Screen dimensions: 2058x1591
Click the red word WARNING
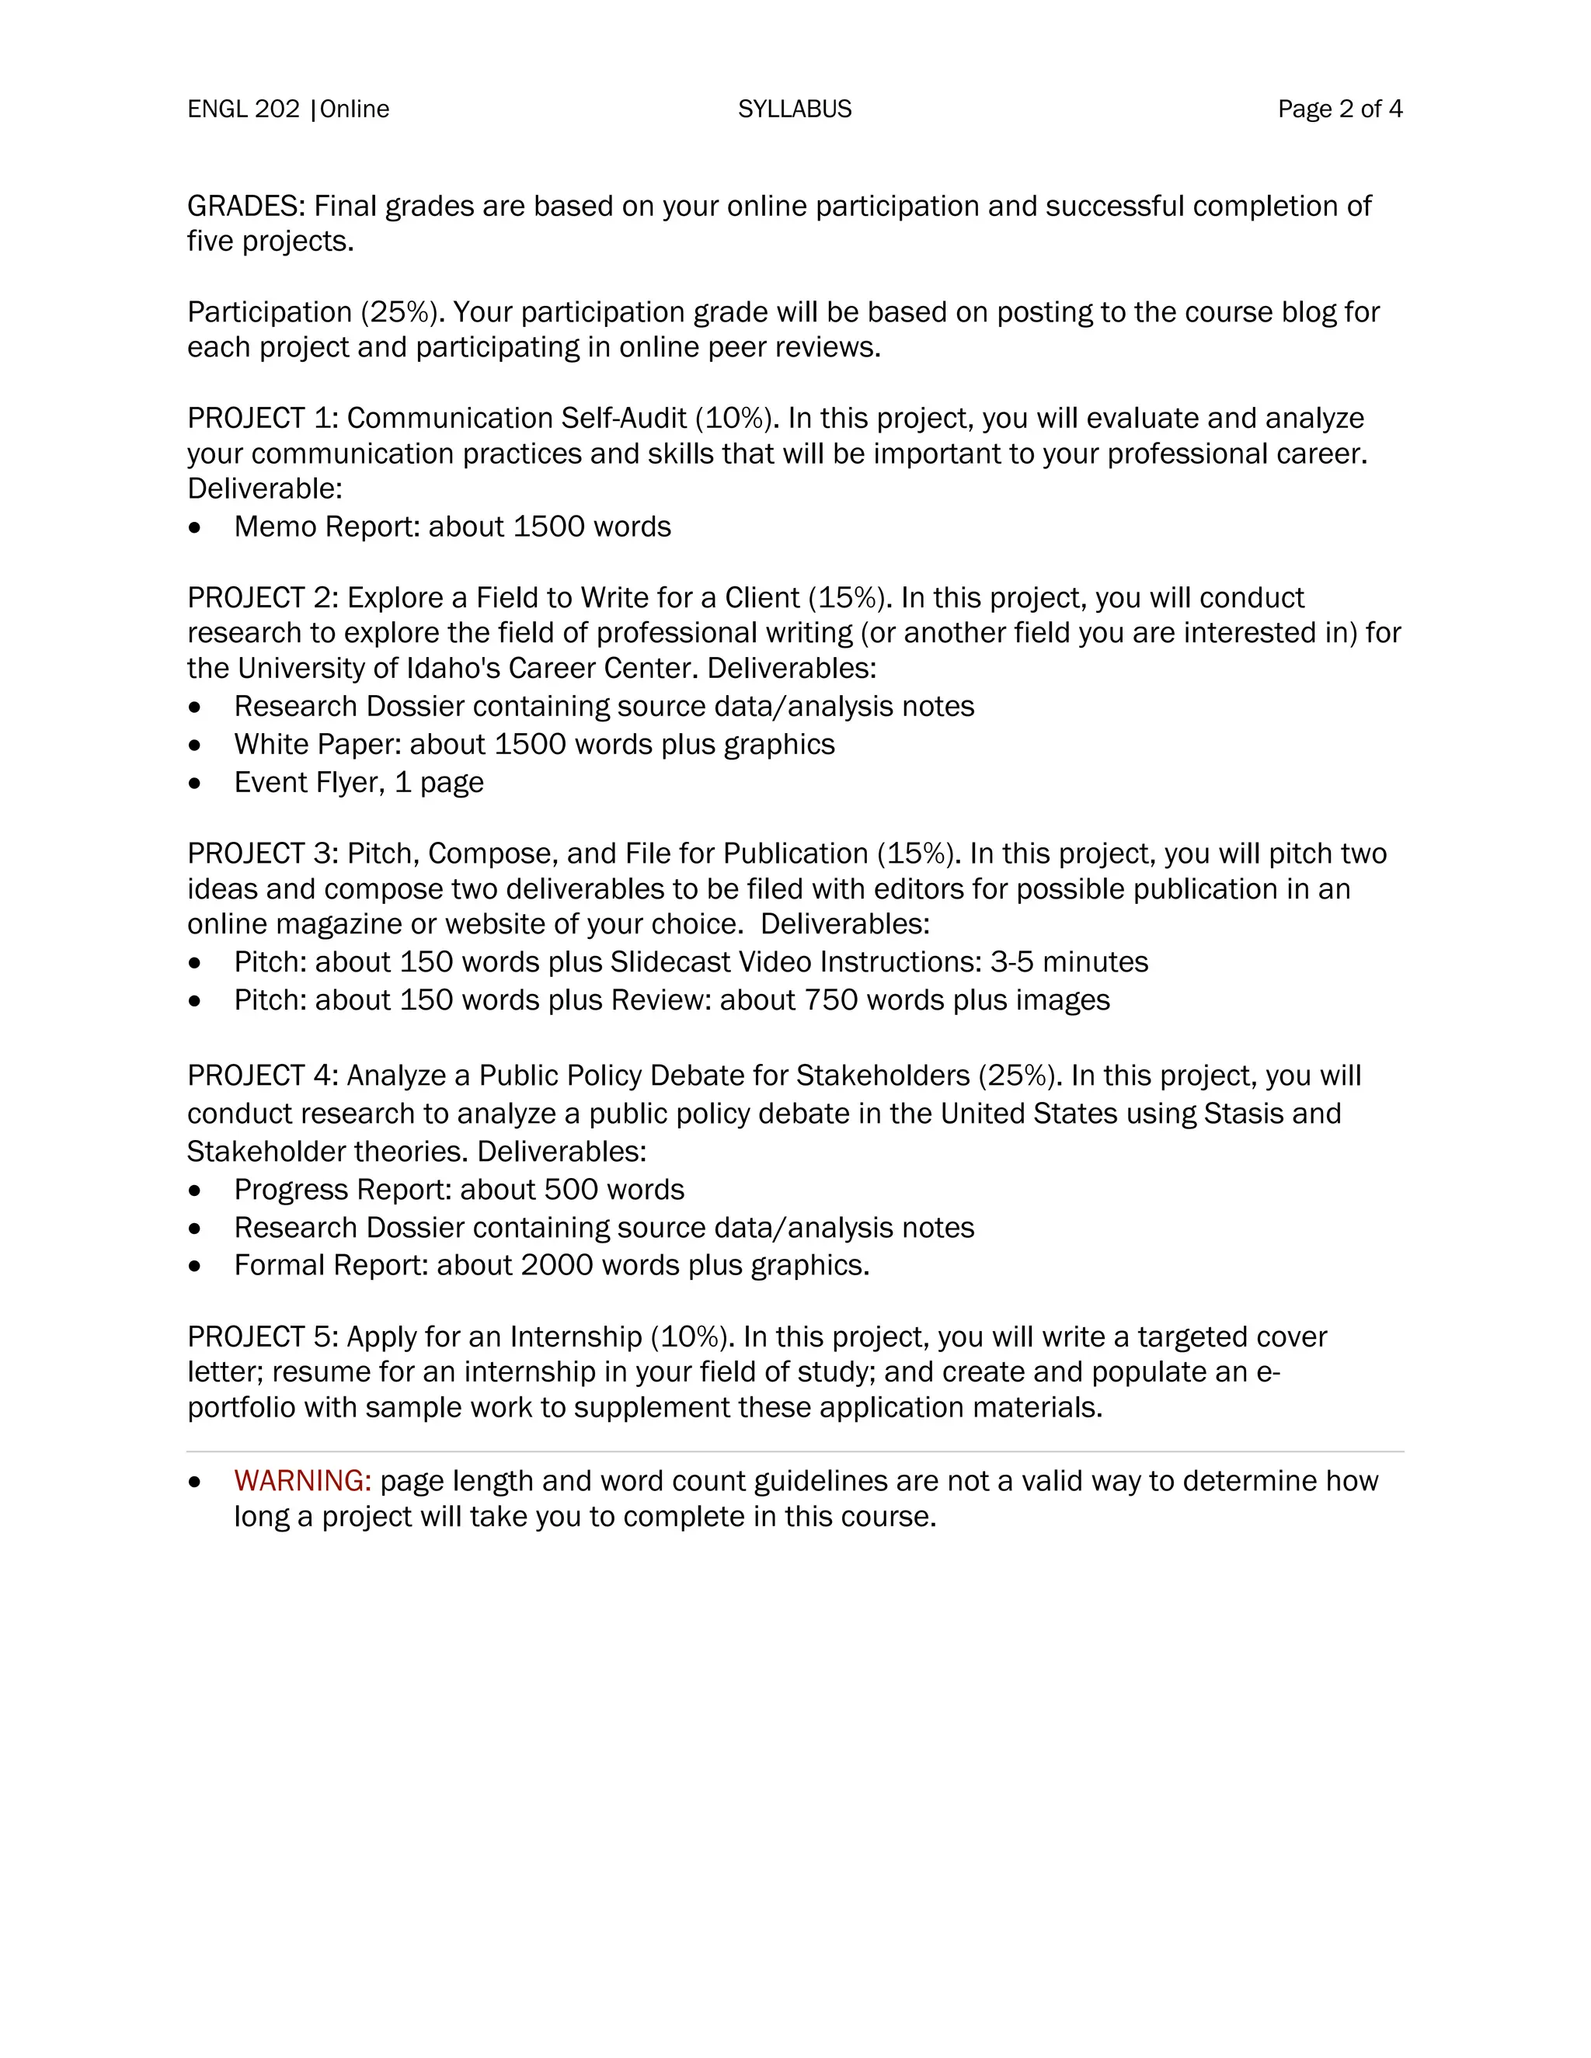coord(302,1480)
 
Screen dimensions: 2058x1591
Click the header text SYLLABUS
coord(795,110)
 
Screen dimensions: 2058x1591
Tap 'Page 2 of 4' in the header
coord(1339,110)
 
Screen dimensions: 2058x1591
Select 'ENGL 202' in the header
coord(243,110)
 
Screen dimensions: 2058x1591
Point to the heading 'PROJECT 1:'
coord(262,418)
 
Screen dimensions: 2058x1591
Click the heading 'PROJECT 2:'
coord(262,597)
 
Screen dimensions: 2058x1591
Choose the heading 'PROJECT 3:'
coord(262,853)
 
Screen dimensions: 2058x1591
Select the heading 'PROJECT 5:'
coord(262,1337)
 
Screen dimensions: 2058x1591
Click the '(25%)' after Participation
coord(399,312)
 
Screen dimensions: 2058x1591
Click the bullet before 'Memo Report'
coord(195,527)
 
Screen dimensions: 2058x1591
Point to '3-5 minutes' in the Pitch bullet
coord(1069,961)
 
